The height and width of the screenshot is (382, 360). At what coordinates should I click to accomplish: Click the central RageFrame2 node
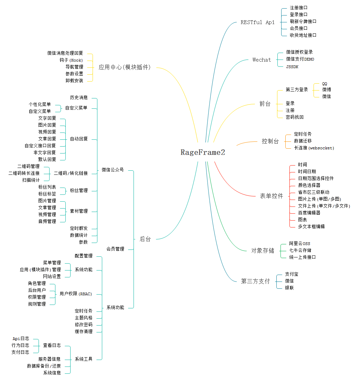coord(203,152)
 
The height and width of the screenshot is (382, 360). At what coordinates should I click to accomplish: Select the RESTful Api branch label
coord(257,22)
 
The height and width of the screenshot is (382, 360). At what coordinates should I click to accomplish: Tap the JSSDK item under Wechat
coord(292,67)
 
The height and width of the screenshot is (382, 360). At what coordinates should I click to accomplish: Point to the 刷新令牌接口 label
coord(303,21)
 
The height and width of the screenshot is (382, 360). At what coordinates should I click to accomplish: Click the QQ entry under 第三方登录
coord(325,84)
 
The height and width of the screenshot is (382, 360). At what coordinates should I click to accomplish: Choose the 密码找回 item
coord(294,117)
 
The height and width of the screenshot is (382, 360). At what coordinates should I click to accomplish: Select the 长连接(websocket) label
coord(314,148)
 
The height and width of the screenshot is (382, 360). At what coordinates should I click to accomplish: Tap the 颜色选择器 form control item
coord(309,185)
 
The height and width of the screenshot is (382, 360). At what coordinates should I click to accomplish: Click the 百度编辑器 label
coord(309,213)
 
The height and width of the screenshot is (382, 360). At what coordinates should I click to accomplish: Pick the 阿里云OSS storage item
coord(299,244)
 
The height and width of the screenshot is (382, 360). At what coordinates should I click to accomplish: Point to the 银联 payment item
coord(289,288)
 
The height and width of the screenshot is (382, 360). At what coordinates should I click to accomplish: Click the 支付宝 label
coord(292,274)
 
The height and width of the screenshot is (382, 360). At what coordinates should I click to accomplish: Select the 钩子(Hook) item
coord(71,60)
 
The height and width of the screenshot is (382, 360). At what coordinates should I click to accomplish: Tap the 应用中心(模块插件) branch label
coord(125,67)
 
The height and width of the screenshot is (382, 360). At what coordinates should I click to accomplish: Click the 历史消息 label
coord(79,98)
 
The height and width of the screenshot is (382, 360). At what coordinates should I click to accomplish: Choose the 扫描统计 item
coord(31,180)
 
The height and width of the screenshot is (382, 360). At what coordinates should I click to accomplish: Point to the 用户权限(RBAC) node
coord(76,294)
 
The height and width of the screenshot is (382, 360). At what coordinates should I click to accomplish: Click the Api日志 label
coord(21,339)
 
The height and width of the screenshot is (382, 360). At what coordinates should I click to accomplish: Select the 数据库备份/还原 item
coord(44,366)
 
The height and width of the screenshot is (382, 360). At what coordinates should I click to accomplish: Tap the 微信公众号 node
coord(113,170)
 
